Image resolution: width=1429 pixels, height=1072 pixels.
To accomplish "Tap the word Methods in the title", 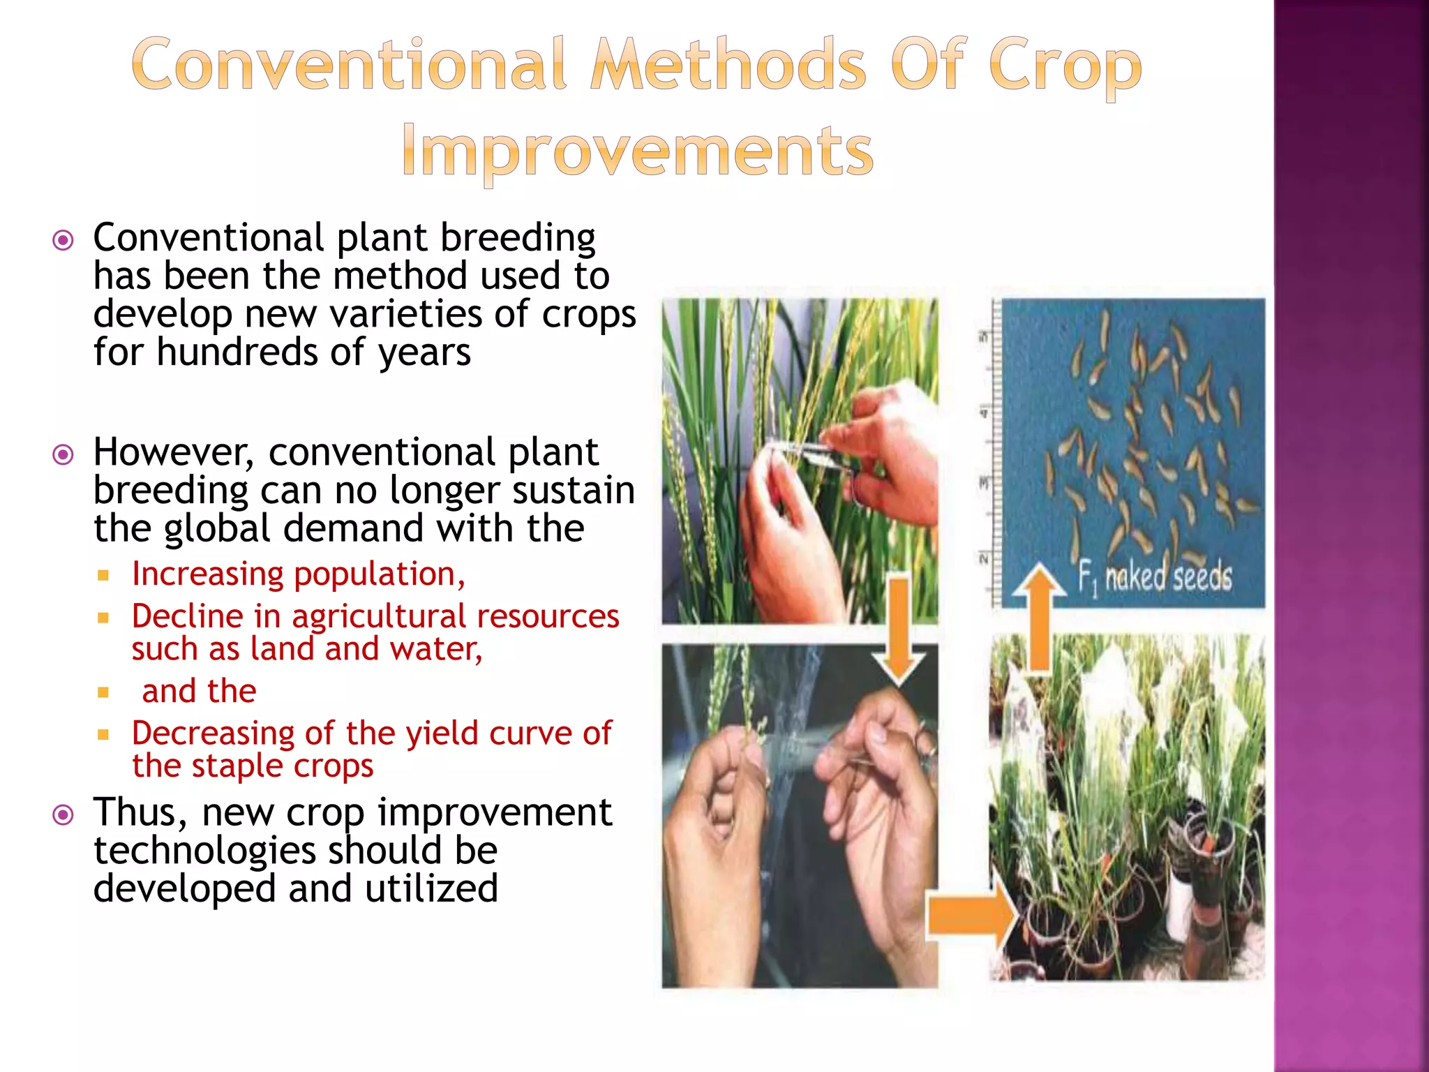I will coord(728,65).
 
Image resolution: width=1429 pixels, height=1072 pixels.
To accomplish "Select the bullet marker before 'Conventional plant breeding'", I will coord(63,241).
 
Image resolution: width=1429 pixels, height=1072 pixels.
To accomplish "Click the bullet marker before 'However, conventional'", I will coord(63,456).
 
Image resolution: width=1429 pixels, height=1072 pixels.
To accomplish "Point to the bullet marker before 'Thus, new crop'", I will coord(63,815).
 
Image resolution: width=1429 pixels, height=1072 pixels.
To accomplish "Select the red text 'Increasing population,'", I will coord(298,574).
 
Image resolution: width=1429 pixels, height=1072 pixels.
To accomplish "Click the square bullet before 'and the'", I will coord(103,692).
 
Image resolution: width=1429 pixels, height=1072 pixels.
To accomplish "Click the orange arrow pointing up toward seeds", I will coord(1040,614).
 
